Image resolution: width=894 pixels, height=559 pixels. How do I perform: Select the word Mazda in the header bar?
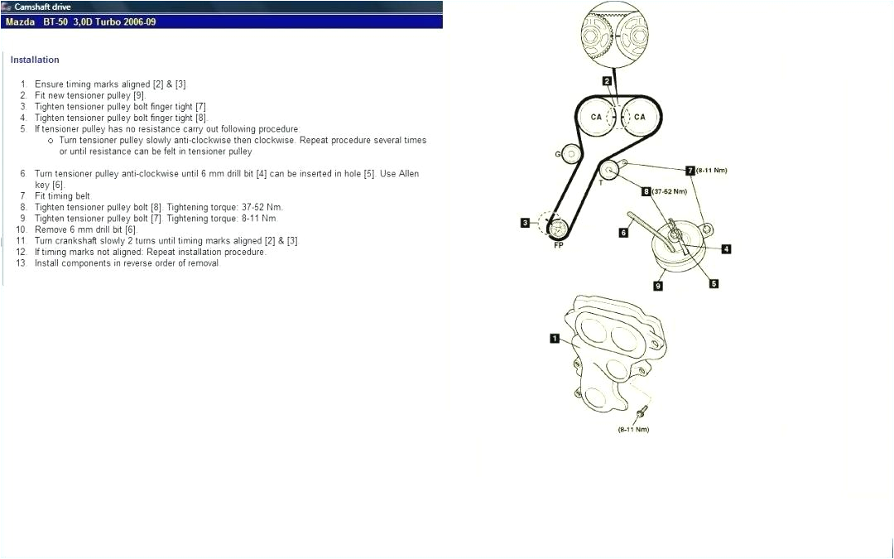(20, 22)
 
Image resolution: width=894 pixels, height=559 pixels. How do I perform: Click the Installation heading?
(35, 60)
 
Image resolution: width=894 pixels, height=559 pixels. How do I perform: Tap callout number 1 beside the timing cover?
(555, 338)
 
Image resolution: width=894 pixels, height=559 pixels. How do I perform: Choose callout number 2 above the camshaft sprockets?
(607, 80)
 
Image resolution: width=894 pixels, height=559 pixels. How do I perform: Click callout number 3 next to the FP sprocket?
(525, 222)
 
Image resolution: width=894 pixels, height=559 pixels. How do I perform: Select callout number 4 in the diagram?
(726, 248)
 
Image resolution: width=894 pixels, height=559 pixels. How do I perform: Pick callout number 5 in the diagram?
(714, 283)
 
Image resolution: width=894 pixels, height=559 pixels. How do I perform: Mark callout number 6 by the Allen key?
(623, 233)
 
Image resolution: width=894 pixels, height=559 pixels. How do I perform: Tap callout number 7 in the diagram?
(690, 171)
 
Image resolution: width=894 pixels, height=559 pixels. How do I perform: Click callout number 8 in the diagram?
(646, 191)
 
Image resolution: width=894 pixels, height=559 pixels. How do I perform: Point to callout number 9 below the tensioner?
(658, 286)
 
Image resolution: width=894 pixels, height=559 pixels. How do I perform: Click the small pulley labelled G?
(570, 153)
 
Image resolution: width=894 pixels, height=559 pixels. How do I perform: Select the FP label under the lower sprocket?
(558, 246)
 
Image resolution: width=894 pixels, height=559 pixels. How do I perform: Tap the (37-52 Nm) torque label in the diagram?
(670, 191)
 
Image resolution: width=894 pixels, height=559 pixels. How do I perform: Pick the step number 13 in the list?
(21, 263)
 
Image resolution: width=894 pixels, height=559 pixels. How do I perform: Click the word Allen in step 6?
(409, 174)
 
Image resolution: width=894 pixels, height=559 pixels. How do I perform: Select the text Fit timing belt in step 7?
(62, 196)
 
